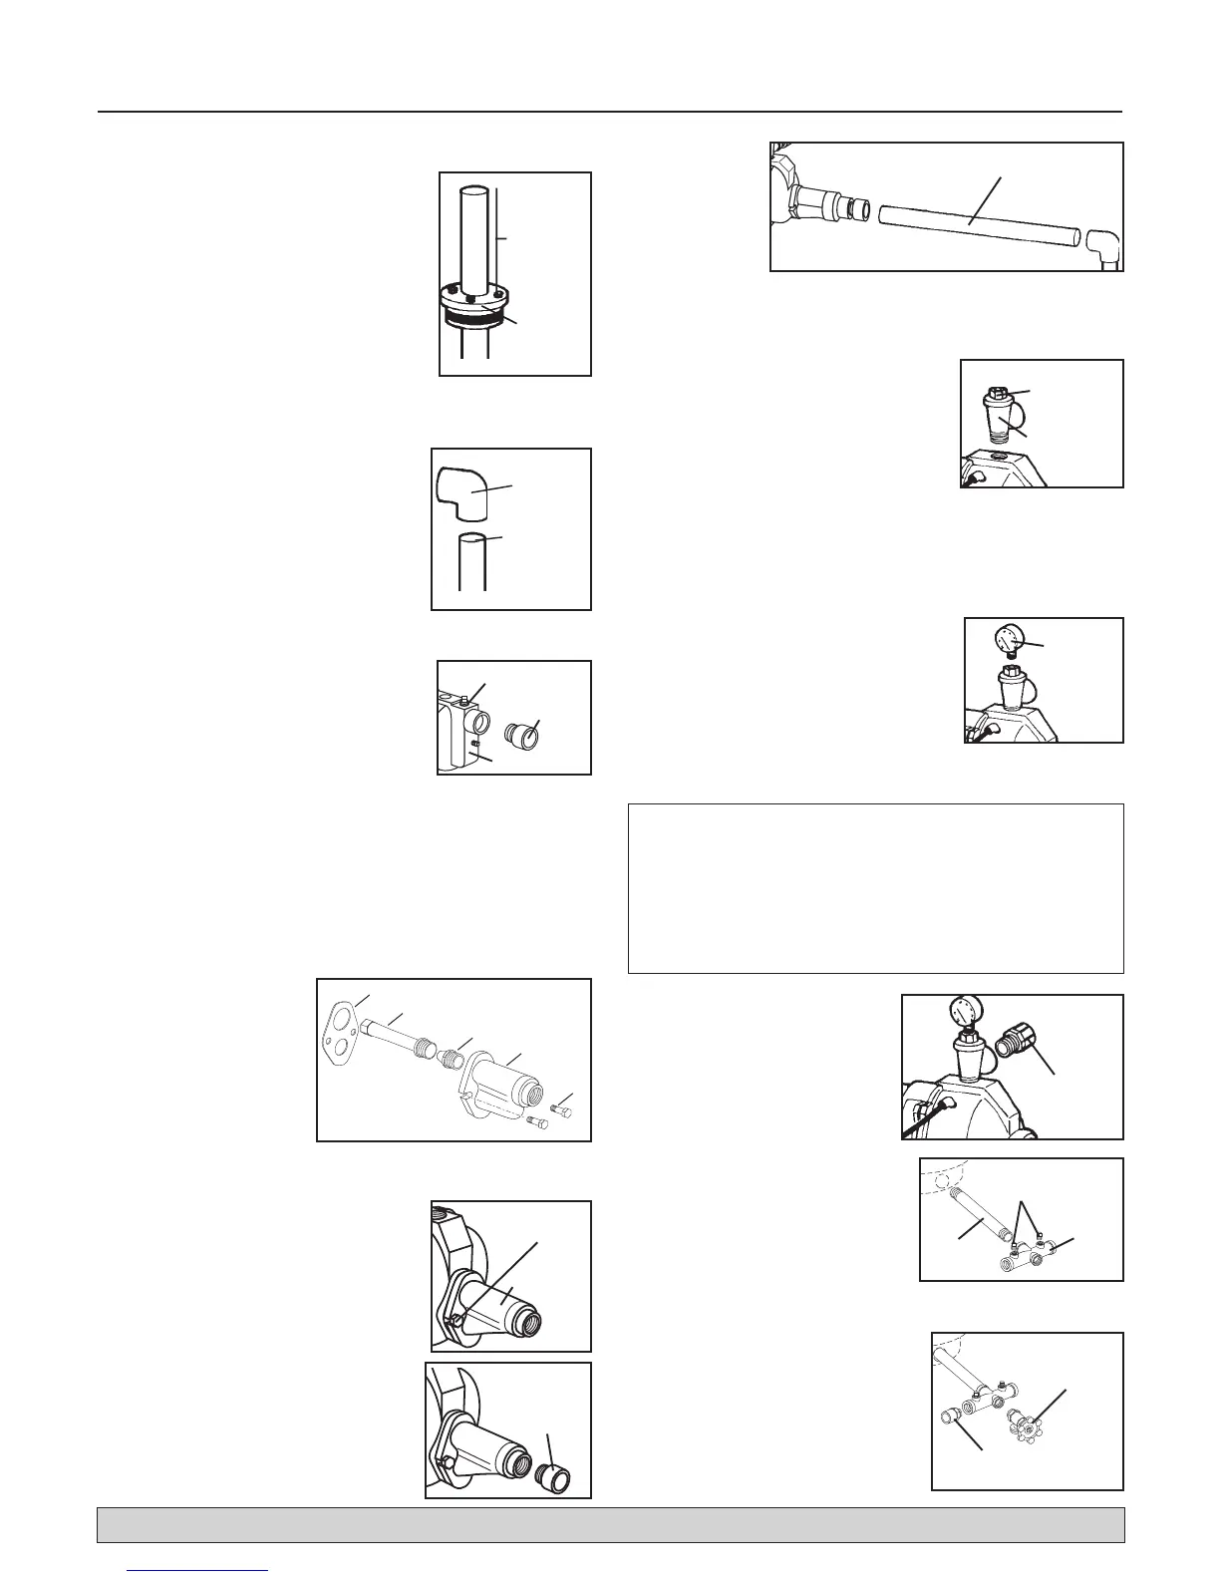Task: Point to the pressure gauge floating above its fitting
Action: point(1008,637)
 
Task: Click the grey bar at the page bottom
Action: point(610,1525)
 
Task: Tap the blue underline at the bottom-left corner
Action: point(199,1571)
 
